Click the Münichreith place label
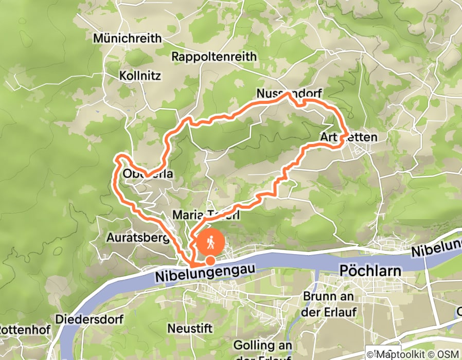click(x=127, y=39)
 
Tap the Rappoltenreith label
click(x=214, y=57)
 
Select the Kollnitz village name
click(x=140, y=76)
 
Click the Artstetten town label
click(x=348, y=137)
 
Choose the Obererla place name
click(x=147, y=174)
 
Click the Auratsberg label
click(x=138, y=238)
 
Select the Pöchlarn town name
click(x=372, y=271)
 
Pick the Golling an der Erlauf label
click(x=262, y=350)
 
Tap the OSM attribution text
click(x=449, y=354)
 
